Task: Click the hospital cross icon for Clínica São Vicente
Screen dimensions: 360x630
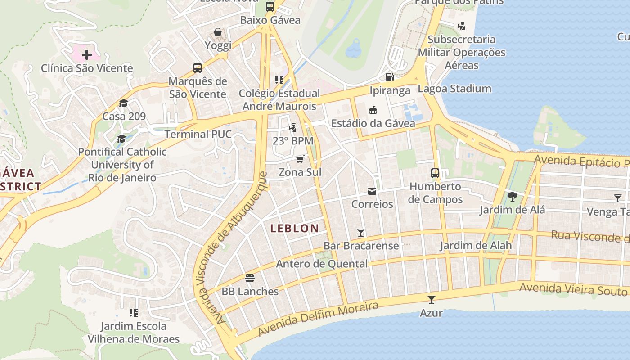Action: pos(87,55)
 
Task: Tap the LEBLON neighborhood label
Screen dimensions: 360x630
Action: pos(295,229)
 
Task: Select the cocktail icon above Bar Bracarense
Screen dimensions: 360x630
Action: pos(361,233)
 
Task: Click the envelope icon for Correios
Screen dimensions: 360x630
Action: pos(372,192)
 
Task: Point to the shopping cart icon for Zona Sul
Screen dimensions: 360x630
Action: pos(300,159)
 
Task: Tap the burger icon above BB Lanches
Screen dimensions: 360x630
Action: pos(250,278)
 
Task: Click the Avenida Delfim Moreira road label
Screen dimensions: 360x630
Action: pos(318,319)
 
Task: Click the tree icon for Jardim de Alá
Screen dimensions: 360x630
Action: pos(512,197)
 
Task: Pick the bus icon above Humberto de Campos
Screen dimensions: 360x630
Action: pos(435,173)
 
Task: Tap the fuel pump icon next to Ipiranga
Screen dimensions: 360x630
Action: pos(390,77)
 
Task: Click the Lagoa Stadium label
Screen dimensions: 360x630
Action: pos(454,89)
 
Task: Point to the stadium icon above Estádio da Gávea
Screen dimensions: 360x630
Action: pos(373,110)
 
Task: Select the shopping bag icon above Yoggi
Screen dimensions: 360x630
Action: pos(218,32)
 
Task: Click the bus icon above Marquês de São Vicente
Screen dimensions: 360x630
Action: pos(198,68)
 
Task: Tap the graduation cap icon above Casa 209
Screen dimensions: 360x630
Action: pos(124,103)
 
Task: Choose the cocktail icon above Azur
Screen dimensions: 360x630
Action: pos(432,300)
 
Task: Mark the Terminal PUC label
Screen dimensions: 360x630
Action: pos(198,134)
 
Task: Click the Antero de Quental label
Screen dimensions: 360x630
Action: pos(322,264)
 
